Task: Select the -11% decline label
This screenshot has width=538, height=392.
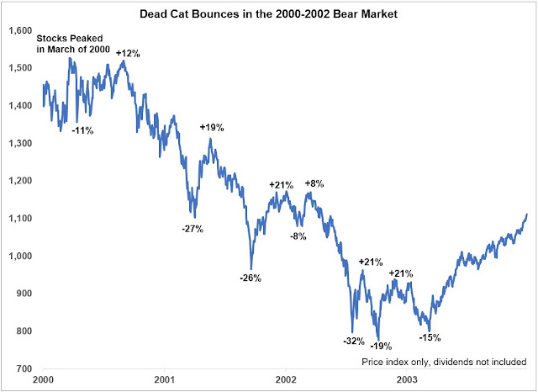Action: [x=82, y=130]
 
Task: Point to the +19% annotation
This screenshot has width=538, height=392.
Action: [x=213, y=127]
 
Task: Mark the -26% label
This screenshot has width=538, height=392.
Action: [x=250, y=277]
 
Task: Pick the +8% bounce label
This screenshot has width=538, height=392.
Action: [x=313, y=183]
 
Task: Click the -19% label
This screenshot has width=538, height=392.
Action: [x=382, y=345]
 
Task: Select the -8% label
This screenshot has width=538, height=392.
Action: [x=298, y=236]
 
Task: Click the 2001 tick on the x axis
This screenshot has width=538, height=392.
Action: [x=164, y=381]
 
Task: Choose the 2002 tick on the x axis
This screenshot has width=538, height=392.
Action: [x=287, y=381]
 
